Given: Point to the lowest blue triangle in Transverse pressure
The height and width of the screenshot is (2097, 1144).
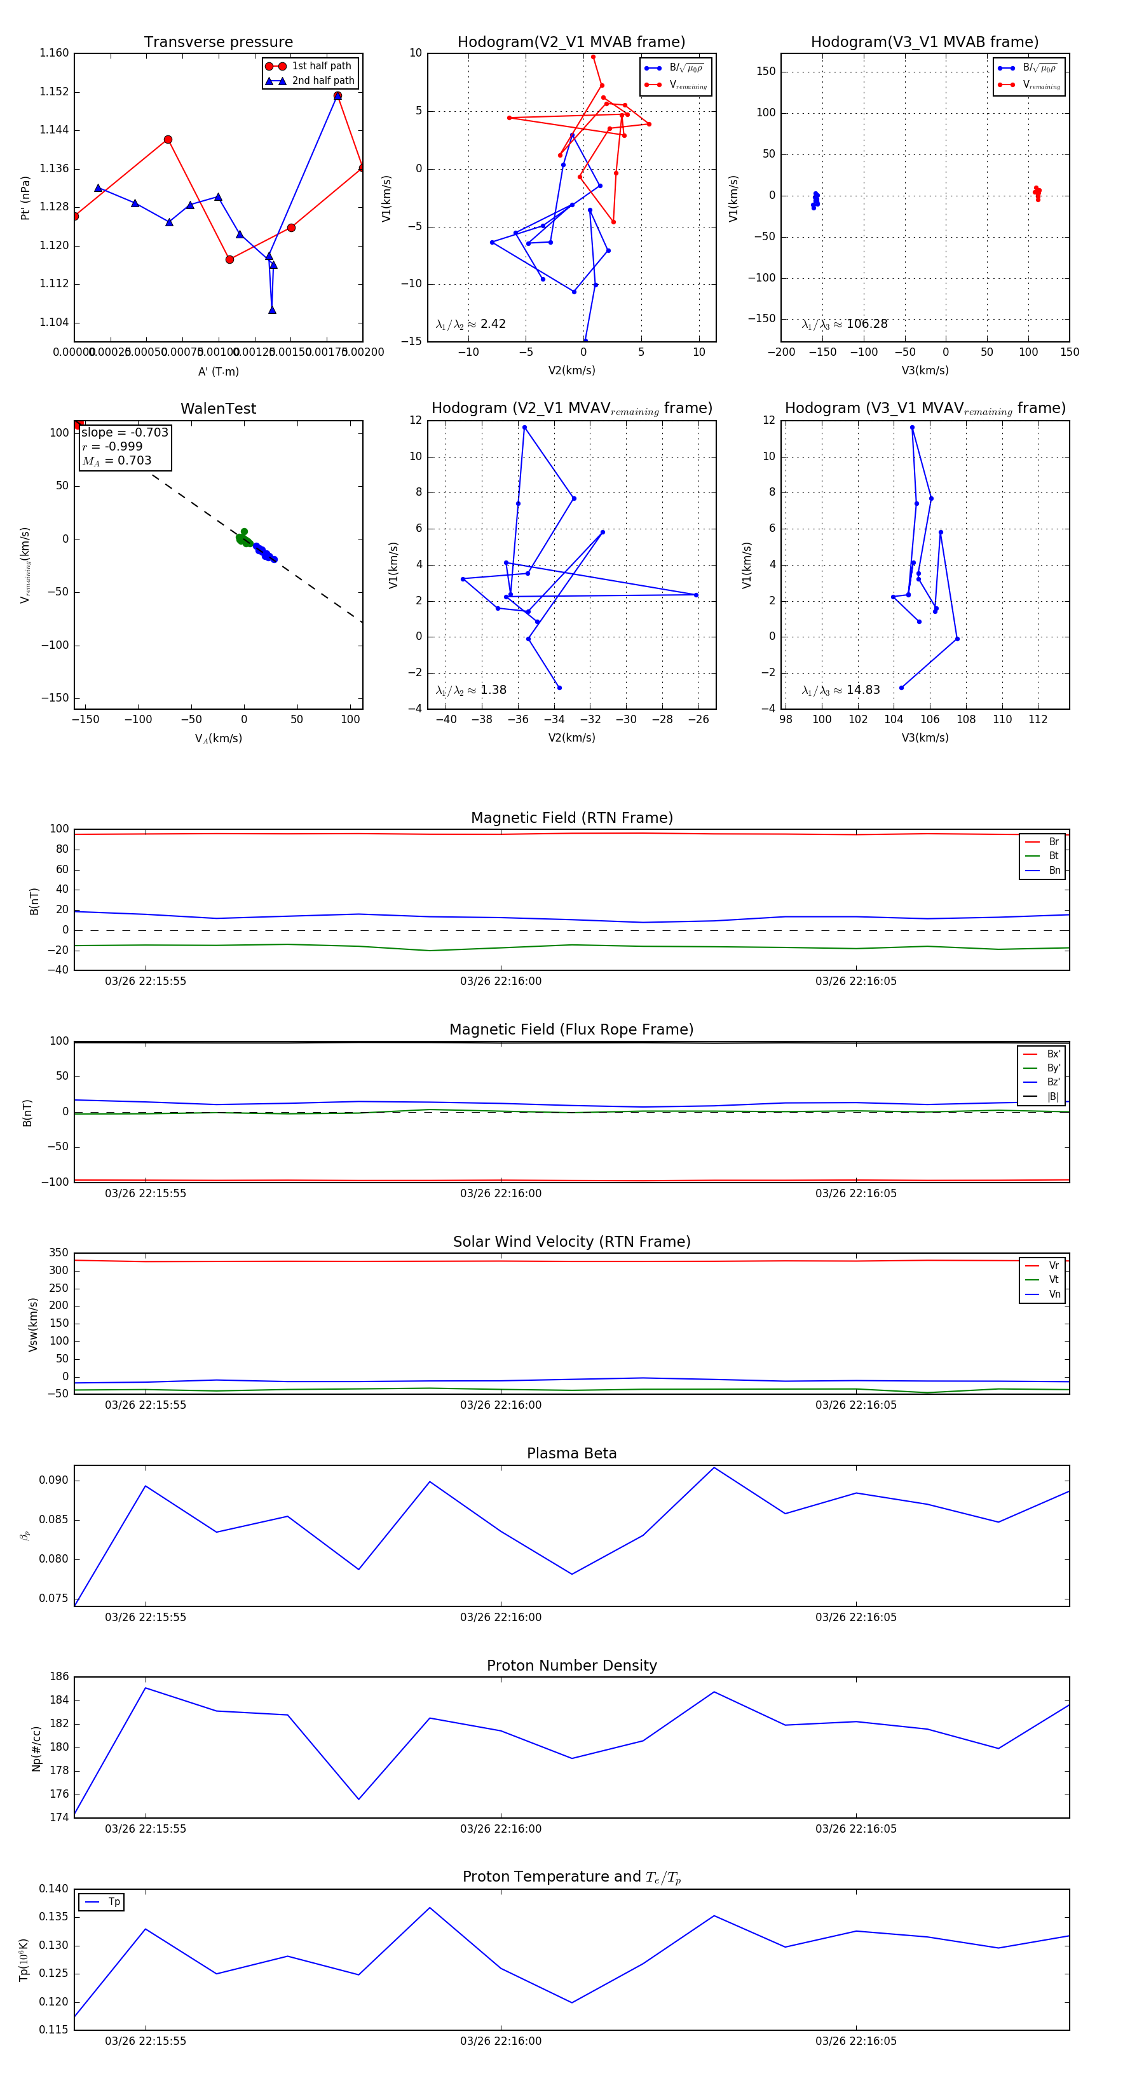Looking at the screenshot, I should click(272, 310).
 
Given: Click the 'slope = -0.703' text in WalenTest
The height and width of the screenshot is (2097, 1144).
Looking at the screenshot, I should click(125, 432).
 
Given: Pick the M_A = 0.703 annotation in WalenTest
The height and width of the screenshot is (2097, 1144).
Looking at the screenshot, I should click(116, 461).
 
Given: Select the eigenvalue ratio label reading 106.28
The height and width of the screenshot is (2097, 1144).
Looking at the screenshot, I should click(845, 324).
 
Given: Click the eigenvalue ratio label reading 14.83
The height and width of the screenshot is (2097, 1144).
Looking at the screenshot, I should click(840, 690).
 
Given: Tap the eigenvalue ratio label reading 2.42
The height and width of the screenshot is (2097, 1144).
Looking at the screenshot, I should click(470, 324).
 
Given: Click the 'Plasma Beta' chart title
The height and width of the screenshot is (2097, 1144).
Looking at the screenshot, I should click(571, 1454).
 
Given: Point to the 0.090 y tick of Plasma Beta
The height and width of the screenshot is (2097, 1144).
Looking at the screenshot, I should click(55, 1480).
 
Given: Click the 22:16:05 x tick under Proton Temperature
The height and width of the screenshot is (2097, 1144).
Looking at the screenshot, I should click(855, 2041).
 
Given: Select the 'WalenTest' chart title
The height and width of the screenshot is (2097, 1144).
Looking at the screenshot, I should click(218, 409).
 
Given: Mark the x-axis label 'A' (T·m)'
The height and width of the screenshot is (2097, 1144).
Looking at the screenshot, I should click(218, 372).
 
